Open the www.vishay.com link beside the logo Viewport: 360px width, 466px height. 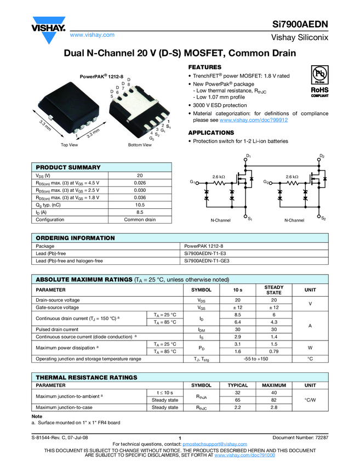92,35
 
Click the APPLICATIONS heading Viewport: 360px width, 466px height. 211,133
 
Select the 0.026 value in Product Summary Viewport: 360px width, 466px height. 140,183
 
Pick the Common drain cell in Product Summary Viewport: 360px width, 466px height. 140,219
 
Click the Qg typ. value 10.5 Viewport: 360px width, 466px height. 140,204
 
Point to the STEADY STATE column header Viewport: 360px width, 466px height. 273,289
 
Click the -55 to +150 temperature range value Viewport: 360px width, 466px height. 255,359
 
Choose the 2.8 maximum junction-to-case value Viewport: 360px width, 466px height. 274,407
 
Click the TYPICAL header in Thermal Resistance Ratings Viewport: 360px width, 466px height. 237,385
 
